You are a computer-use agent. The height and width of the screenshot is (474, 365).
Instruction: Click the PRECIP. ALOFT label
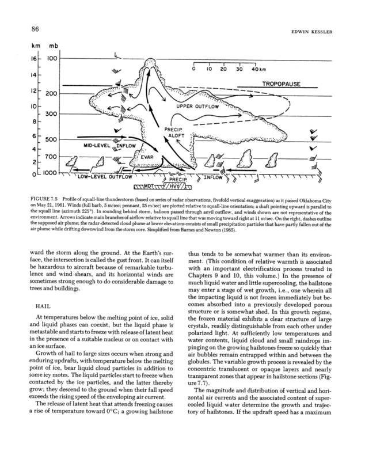[x=174, y=132]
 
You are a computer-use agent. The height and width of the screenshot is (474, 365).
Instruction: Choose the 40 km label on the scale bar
[x=258, y=70]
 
